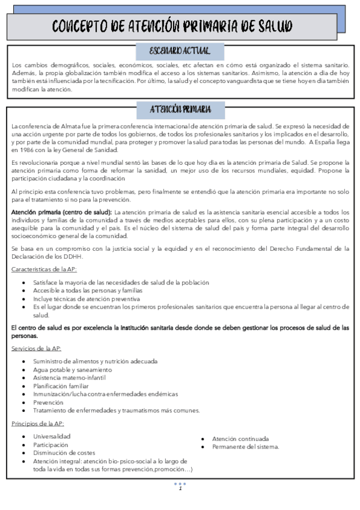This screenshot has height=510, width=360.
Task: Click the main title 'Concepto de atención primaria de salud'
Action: [172, 26]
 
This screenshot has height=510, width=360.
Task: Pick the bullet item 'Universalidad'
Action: [53, 436]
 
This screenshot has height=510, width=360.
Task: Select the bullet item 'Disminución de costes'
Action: [64, 453]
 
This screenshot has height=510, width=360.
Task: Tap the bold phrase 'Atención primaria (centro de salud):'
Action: [61, 212]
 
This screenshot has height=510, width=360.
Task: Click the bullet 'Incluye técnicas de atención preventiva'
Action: [87, 298]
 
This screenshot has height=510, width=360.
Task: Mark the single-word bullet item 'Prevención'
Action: [49, 402]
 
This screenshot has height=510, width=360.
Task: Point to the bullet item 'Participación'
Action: [51, 444]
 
